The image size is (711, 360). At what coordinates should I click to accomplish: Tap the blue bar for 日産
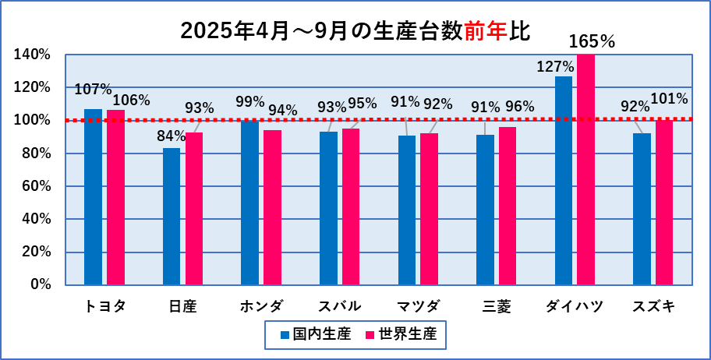point(172,216)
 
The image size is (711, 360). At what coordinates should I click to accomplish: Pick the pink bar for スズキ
point(664,202)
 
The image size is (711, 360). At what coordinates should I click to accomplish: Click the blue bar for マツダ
point(407,210)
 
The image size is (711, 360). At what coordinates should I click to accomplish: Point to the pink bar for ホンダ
point(273,206)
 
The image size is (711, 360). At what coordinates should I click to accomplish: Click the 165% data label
point(592,41)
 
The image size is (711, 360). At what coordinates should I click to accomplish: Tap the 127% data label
point(555,66)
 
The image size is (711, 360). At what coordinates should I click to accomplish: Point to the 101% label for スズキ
point(669,99)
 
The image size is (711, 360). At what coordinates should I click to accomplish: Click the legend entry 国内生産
point(316,335)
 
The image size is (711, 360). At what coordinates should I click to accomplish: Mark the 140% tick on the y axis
point(32,55)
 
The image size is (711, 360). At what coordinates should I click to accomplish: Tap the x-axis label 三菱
point(497,306)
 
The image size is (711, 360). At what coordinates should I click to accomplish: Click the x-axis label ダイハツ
point(575,306)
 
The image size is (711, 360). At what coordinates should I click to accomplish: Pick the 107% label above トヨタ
point(93,90)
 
